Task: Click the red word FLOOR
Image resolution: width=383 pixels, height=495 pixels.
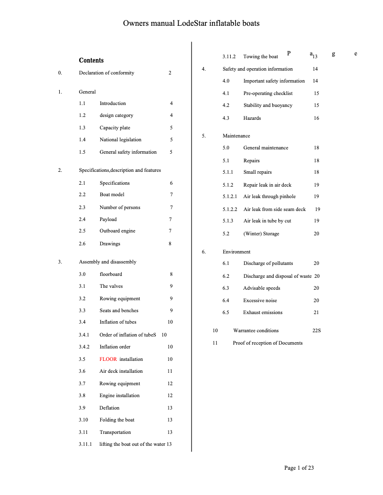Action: point(108,359)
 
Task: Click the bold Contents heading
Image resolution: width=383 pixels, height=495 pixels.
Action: point(91,60)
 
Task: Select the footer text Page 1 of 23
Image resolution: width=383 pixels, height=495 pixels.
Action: point(299,468)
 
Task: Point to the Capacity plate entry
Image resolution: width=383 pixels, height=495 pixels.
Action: point(115,127)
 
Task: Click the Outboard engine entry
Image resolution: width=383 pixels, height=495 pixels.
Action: point(117,231)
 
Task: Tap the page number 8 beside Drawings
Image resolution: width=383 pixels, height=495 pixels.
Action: point(170,243)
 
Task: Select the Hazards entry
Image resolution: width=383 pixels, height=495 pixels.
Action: point(252,118)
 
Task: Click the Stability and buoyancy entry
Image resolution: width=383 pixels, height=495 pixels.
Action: point(267,105)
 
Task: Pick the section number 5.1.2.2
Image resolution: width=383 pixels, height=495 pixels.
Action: point(230,209)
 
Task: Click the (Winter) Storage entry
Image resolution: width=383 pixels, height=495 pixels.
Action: point(261,233)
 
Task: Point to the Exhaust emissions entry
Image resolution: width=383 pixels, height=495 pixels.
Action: point(263,312)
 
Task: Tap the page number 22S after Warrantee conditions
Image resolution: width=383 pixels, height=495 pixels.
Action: point(316,330)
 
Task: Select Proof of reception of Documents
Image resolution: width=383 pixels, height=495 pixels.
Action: point(267,343)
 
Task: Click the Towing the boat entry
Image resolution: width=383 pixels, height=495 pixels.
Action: point(261,57)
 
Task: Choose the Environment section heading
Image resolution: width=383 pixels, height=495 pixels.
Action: point(236,252)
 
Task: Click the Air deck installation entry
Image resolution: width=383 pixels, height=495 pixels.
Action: point(121,371)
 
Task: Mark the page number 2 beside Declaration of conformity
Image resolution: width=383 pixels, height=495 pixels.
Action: point(170,73)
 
